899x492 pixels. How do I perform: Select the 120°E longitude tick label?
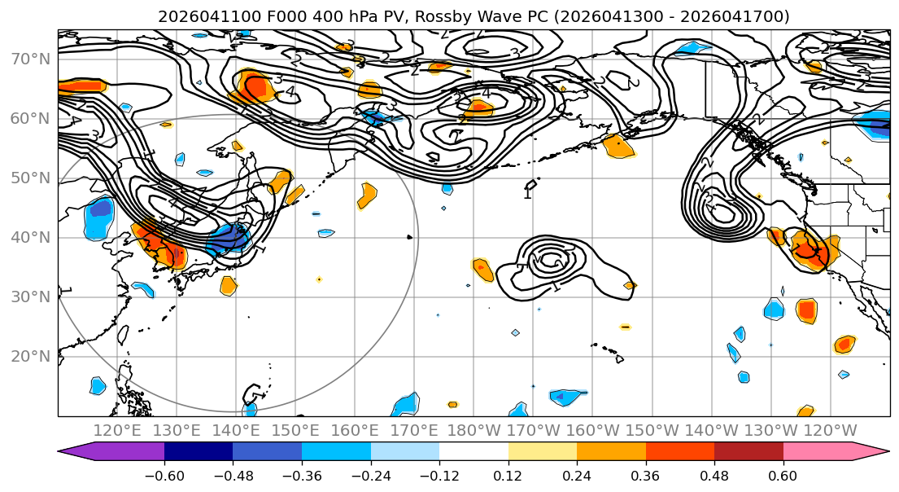pyautogui.click(x=118, y=430)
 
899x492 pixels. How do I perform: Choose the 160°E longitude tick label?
pyautogui.click(x=355, y=430)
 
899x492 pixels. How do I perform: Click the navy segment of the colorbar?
pyautogui.click(x=199, y=452)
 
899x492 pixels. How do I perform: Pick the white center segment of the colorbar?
pyautogui.click(x=474, y=452)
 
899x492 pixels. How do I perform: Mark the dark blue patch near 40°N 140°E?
pyautogui.click(x=230, y=239)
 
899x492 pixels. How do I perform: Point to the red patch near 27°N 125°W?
pyautogui.click(x=806, y=310)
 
